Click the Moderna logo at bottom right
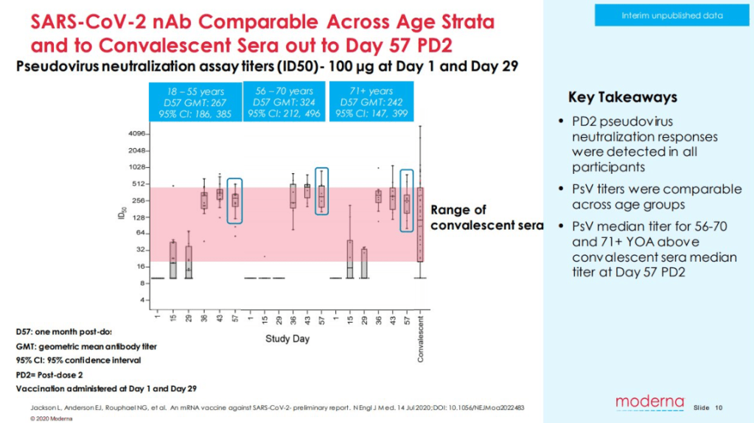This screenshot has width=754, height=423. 650,402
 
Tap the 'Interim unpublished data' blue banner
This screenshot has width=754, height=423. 671,15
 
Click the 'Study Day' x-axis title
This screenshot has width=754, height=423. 287,339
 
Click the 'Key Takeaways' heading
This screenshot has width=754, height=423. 622,97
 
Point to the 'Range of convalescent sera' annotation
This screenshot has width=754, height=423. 486,217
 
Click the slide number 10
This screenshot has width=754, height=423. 719,408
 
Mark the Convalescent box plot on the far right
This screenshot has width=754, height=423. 420,225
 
